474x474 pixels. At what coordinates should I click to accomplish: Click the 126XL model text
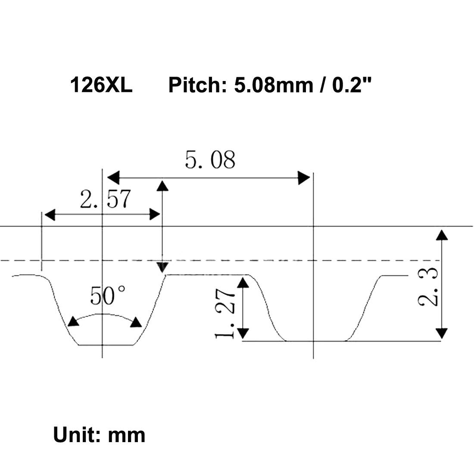tap(101, 85)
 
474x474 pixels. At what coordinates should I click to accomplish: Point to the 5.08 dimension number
tap(210, 160)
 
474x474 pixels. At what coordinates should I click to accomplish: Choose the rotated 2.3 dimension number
tap(428, 287)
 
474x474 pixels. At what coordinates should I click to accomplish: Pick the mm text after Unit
tap(127, 435)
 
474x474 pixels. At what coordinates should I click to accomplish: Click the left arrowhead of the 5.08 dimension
tap(113, 177)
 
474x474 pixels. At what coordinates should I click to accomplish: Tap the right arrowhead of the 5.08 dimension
tap(304, 177)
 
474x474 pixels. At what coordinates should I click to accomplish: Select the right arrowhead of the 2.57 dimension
tap(155, 214)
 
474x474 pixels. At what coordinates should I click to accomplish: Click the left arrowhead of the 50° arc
tap(73, 322)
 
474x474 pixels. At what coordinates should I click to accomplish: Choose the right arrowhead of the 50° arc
tap(137, 322)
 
